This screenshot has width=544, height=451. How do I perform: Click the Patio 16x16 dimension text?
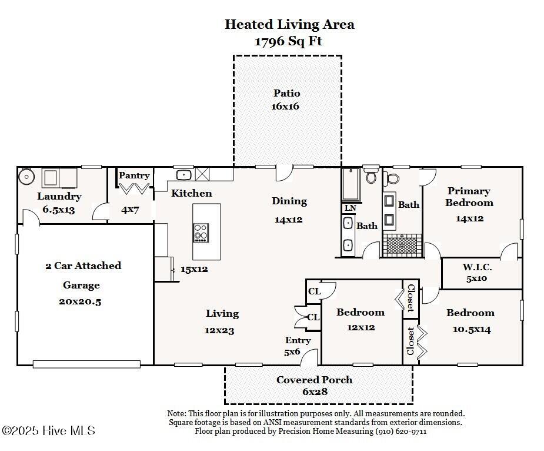click(285, 107)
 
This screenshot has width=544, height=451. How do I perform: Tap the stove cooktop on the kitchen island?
click(201, 233)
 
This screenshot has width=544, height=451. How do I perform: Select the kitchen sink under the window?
click(184, 175)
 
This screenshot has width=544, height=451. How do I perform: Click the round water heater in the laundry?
click(26, 177)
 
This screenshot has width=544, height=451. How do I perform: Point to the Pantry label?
click(134, 175)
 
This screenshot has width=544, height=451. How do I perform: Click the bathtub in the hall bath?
click(351, 185)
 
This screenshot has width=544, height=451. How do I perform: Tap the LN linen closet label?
click(351, 208)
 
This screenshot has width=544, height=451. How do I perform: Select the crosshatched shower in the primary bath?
click(402, 246)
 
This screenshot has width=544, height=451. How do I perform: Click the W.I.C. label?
click(477, 267)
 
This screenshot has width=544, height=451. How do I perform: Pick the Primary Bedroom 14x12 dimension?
click(470, 218)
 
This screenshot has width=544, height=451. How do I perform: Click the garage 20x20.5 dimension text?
click(80, 301)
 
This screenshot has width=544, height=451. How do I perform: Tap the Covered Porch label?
click(314, 380)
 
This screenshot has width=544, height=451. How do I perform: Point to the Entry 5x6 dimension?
click(292, 352)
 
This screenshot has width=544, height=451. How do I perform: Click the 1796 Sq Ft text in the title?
click(288, 41)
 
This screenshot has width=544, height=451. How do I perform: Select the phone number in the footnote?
click(401, 432)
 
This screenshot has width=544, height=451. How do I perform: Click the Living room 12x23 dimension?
click(219, 330)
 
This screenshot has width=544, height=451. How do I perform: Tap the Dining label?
click(289, 201)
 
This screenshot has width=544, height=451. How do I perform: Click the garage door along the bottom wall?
click(86, 364)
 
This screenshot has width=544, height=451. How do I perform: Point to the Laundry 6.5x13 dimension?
click(59, 210)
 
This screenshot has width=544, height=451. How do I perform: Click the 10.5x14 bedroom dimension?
click(472, 329)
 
